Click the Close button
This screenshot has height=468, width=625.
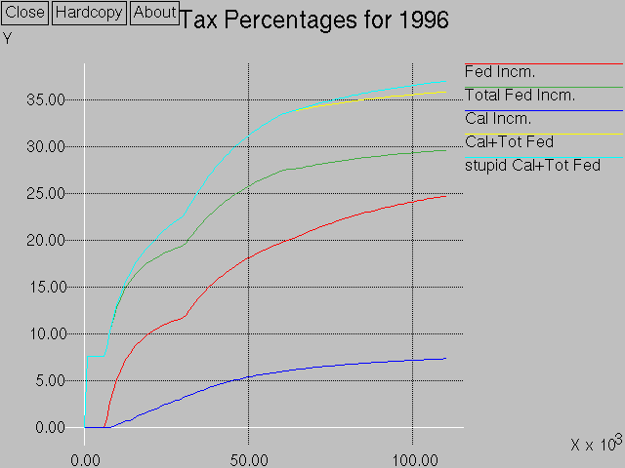coord(25,13)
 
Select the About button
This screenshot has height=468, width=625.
coord(154,13)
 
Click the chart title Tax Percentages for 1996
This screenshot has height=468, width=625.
coord(314,20)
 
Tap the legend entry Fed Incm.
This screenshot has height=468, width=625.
coord(500,72)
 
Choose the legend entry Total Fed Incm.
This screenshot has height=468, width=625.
coord(520,96)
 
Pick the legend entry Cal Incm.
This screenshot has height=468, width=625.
coord(498,119)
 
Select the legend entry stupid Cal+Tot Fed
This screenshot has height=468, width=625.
coord(532,166)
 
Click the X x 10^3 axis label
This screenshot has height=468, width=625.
coord(596,444)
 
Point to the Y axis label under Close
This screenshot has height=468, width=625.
coord(8,39)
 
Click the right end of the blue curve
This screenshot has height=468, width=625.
coord(445,359)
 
